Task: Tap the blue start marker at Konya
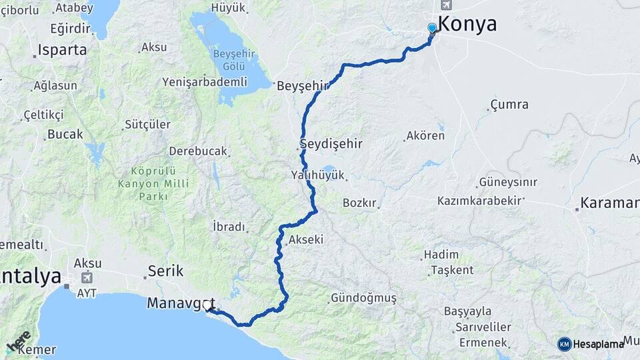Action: pyautogui.click(x=432, y=28)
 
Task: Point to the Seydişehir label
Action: pyautogui.click(x=330, y=144)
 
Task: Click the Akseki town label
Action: pyautogui.click(x=306, y=239)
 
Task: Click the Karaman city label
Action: pyautogui.click(x=609, y=203)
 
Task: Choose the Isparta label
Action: pyautogui.click(x=63, y=49)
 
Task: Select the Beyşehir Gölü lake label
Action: pyautogui.click(x=230, y=60)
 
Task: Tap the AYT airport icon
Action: pyautogui.click(x=87, y=277)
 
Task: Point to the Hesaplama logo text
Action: pyautogui.click(x=598, y=344)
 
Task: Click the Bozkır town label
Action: pyautogui.click(x=360, y=203)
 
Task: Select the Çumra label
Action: pyautogui.click(x=509, y=105)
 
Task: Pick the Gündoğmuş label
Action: pyautogui.click(x=363, y=298)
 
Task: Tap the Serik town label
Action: pyautogui.click(x=165, y=271)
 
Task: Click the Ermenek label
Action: pyautogui.click(x=483, y=342)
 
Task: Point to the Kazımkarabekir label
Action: pyautogui.click(x=478, y=201)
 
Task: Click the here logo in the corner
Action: pyautogui.click(x=18, y=341)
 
